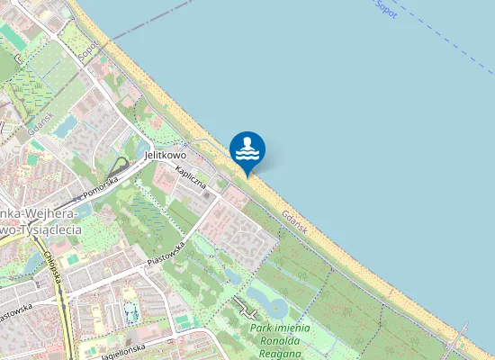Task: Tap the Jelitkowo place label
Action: [x=166, y=155]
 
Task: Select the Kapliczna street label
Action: [x=192, y=177]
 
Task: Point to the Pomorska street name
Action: [x=101, y=185]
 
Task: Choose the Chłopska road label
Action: [x=52, y=269]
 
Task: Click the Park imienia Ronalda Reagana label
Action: [x=280, y=341]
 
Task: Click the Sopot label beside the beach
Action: [x=87, y=49]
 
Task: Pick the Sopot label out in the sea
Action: [x=384, y=8]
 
